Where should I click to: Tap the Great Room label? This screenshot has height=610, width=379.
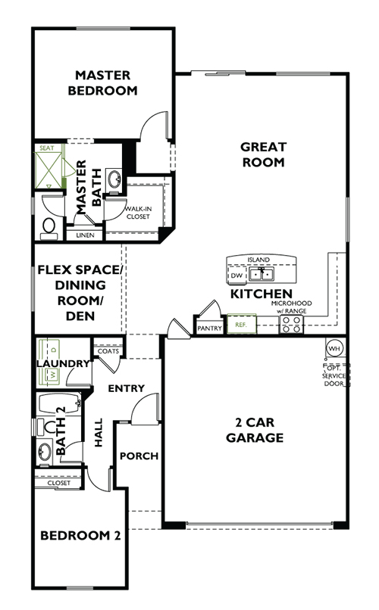click(x=262, y=154)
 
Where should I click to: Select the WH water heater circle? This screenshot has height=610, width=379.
click(x=334, y=348)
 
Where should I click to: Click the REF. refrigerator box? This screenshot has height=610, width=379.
click(x=242, y=325)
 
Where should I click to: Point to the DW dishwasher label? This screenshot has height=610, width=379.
click(x=236, y=277)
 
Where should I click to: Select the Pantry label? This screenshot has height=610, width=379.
click(x=208, y=328)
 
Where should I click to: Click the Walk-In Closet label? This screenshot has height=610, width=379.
click(x=137, y=212)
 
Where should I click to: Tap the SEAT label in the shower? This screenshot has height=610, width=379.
click(x=45, y=149)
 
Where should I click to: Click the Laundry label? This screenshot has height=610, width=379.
click(x=63, y=363)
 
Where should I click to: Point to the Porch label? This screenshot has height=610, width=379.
click(x=139, y=456)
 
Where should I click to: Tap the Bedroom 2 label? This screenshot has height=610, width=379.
click(x=80, y=536)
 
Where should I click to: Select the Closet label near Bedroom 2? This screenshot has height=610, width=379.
click(x=58, y=482)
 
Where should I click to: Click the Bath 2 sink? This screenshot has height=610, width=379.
click(x=45, y=453)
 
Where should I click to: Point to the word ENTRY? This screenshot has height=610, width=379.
click(x=126, y=388)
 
